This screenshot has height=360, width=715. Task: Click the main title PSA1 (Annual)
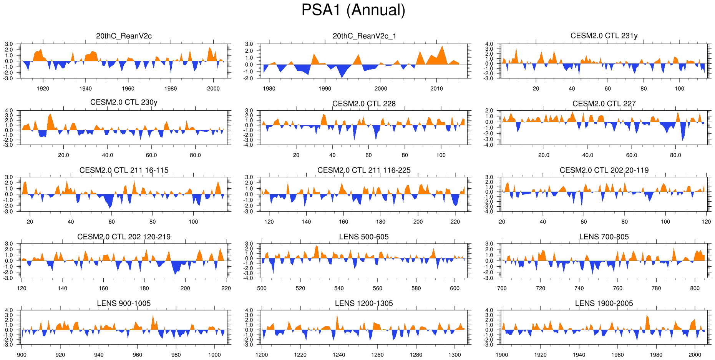[353, 10]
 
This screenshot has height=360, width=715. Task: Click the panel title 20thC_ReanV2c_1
[364, 36]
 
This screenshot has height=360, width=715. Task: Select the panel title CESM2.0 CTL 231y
[604, 36]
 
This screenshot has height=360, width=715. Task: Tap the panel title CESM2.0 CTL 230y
[124, 102]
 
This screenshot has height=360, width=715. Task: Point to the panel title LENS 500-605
[364, 237]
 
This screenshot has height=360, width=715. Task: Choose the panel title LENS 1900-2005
[604, 304]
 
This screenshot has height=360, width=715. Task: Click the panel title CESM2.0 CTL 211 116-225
[364, 170]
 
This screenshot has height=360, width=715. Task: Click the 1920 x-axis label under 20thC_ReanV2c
[43, 89]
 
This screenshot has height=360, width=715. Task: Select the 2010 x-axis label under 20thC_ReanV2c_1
[436, 89]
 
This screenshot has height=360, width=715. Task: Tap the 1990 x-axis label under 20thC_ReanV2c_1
[325, 89]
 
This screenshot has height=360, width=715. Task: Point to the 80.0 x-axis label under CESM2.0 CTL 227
[675, 155]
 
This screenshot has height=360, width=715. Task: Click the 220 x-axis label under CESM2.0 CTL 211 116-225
[455, 222]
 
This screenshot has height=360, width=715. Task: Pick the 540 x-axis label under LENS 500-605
[339, 288]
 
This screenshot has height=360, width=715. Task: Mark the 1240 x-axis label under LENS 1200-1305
[339, 355]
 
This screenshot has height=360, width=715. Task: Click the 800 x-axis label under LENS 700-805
[695, 288]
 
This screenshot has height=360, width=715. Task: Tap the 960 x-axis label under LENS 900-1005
[137, 355]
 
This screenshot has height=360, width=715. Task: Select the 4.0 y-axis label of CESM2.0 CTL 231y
[489, 44]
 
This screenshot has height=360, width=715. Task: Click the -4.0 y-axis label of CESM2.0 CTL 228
[249, 145]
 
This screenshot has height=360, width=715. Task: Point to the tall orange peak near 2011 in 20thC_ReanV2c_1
[443, 48]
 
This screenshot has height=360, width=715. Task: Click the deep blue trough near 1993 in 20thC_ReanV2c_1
[342, 76]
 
